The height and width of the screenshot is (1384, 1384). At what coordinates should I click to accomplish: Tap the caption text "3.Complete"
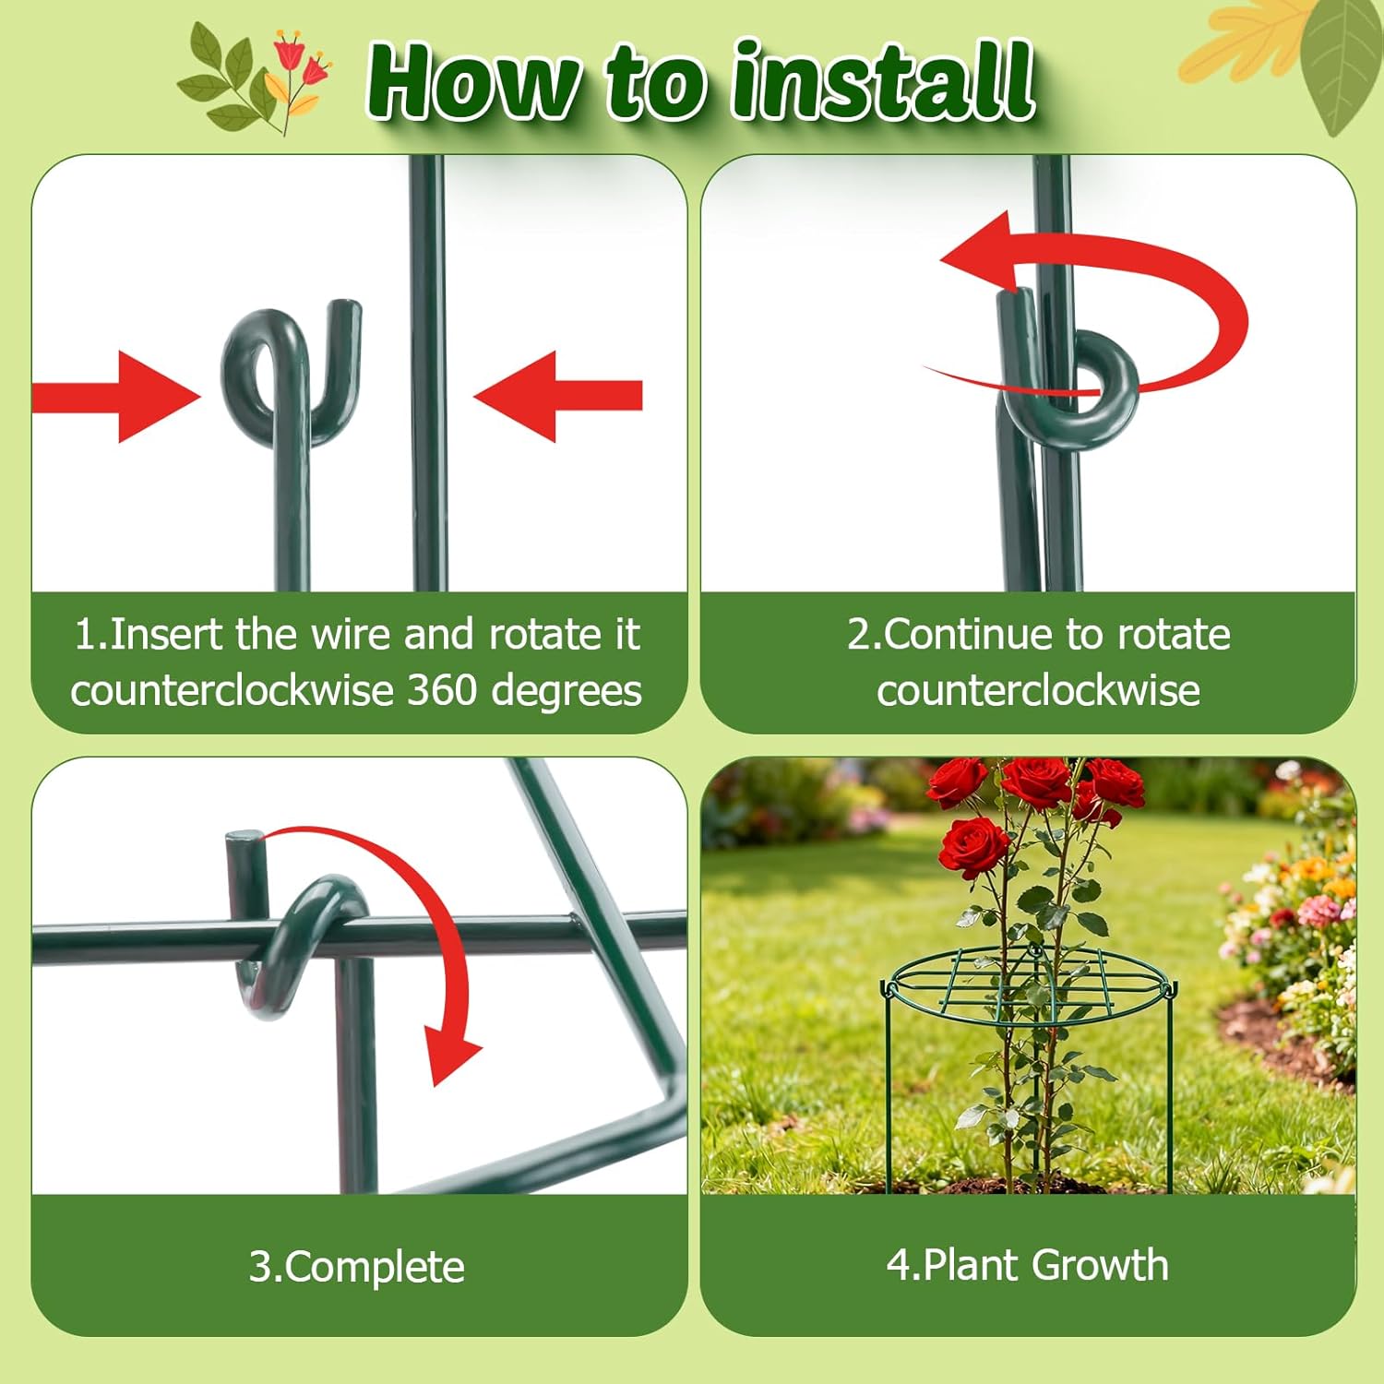pyautogui.click(x=357, y=1267)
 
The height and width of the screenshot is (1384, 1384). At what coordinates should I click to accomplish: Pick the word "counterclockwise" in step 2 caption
pyautogui.click(x=1038, y=690)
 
